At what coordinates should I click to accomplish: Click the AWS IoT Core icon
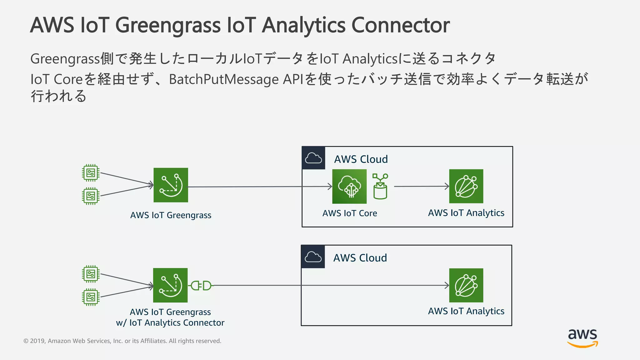coord(349,186)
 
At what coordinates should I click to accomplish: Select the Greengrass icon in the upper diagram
coord(171,185)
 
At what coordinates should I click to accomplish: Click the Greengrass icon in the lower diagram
coord(170,285)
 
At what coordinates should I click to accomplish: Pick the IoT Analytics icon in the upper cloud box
coord(466,186)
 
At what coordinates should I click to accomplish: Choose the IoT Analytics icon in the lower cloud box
coord(466,285)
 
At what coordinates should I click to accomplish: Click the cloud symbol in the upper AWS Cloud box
coord(313,158)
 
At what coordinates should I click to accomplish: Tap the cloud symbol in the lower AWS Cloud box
coord(313,257)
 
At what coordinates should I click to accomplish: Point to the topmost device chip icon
coord(91,173)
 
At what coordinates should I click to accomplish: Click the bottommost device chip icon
coord(91,297)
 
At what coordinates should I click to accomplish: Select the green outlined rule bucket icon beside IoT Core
coord(380,187)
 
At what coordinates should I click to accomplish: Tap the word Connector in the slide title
coord(401,25)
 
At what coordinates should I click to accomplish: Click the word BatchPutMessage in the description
coord(223,79)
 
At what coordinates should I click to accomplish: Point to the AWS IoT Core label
coord(350,213)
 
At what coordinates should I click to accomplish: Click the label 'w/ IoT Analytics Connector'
coord(170,323)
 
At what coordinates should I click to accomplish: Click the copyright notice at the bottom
coord(122,341)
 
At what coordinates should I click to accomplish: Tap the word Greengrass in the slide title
coord(168,25)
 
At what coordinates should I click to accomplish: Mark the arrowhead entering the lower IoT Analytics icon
coord(447,285)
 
